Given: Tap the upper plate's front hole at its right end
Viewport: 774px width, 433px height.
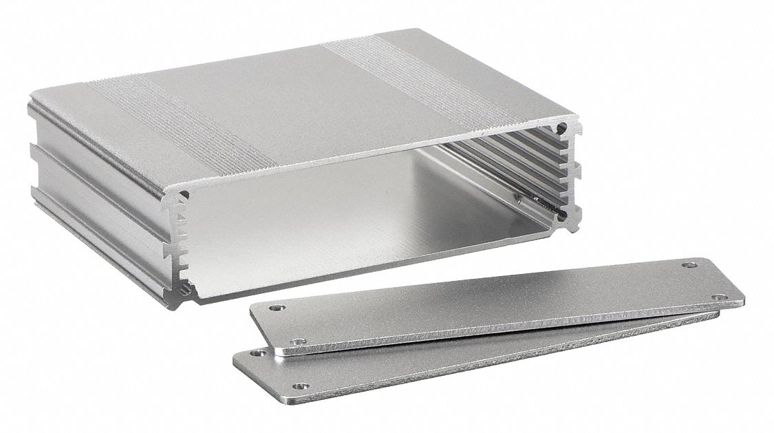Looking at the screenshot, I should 720,297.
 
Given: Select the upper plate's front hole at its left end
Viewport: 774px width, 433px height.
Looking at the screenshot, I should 299,340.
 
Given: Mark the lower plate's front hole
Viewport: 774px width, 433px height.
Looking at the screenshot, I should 299,386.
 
